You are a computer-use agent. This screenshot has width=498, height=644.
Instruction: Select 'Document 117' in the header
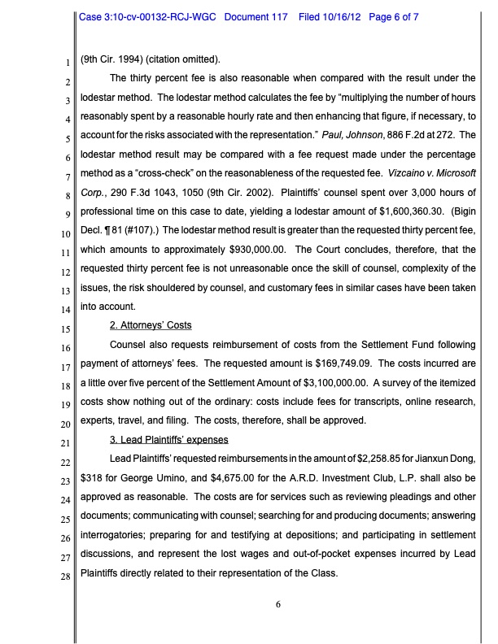[256, 16]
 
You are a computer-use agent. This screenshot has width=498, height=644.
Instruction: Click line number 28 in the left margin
[67, 577]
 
